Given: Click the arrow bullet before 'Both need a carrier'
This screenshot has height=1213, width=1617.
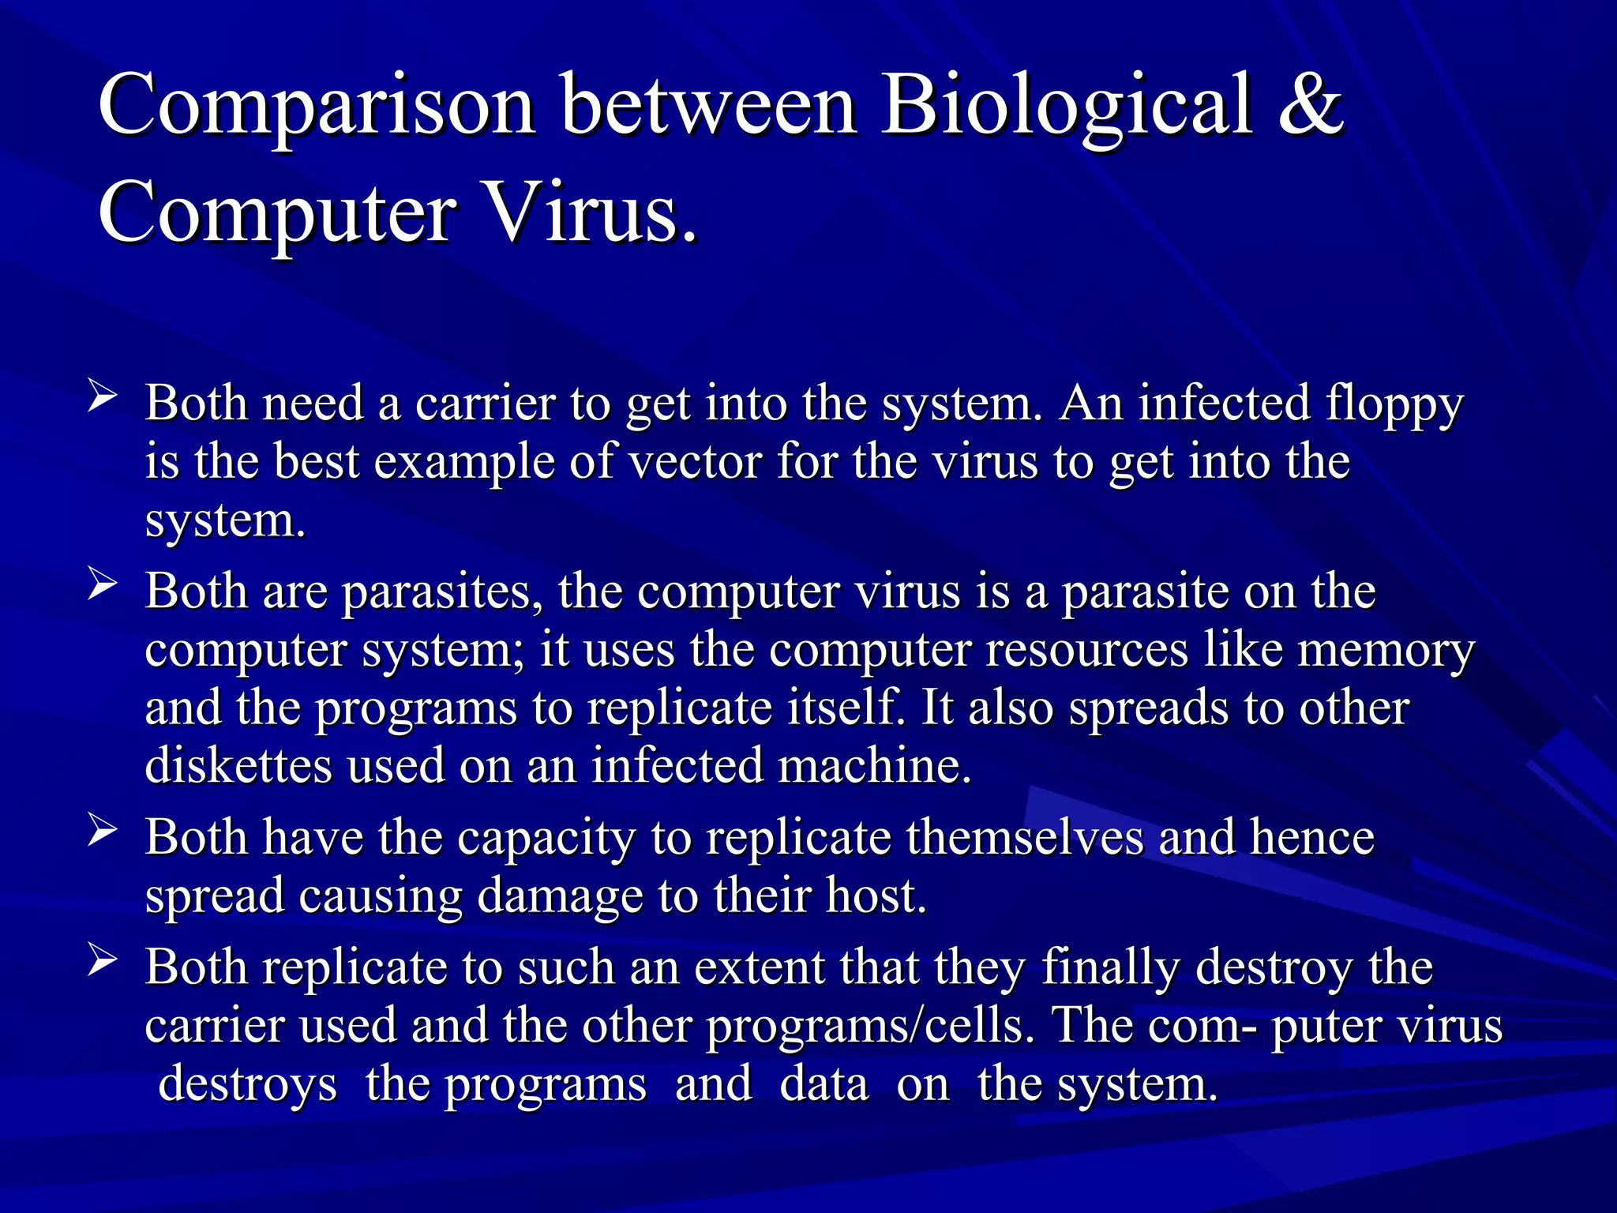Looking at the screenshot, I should (x=103, y=394).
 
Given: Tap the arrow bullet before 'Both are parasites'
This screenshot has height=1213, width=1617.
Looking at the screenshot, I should (x=103, y=584).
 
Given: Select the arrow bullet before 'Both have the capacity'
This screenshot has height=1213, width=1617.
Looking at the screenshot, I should (x=103, y=831).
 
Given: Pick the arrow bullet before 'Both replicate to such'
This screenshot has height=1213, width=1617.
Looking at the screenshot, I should (x=103, y=960).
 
